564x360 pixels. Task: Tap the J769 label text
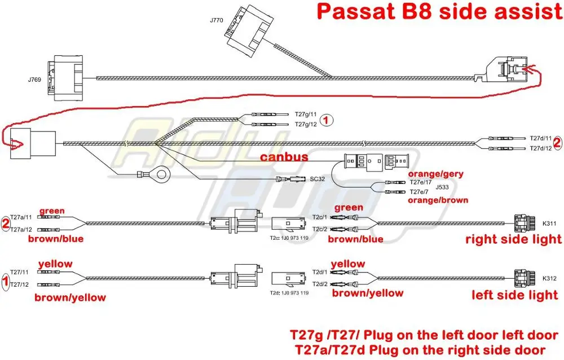pos(33,80)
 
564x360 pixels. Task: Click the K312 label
pos(549,278)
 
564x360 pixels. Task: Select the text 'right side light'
pos(513,240)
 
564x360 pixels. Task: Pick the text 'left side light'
pos(515,295)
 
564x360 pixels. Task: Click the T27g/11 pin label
pos(306,113)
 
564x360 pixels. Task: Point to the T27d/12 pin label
pos(540,148)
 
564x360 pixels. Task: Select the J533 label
pos(424,187)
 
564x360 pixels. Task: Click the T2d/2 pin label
pos(320,283)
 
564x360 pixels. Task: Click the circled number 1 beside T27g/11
pos(327,119)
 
